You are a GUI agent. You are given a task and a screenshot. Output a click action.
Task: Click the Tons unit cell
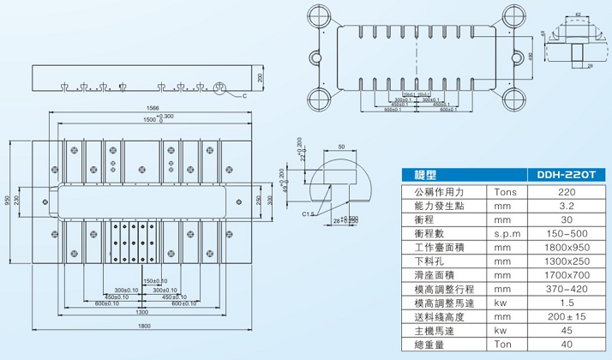tap(502, 193)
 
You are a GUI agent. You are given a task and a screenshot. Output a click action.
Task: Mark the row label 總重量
tap(429, 345)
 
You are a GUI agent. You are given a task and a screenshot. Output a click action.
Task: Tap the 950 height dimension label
tap(6, 201)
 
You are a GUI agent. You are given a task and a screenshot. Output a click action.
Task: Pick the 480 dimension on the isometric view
tap(531, 57)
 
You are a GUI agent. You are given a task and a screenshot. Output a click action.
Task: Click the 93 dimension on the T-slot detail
tap(579, 15)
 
